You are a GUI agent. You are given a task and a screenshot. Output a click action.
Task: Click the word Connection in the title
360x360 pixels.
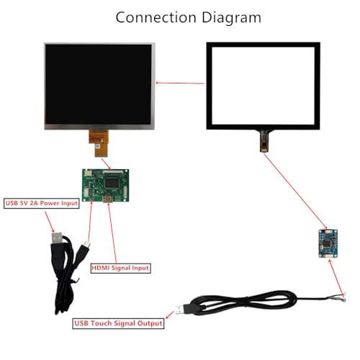point(156,17)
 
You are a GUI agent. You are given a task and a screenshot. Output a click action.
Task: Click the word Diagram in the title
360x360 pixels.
point(231,18)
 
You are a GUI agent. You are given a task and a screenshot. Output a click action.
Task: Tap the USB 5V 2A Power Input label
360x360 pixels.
point(42,203)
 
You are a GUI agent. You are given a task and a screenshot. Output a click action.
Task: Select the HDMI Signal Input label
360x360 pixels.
point(120,268)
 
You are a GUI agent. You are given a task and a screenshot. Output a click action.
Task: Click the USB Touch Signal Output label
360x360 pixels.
point(118,323)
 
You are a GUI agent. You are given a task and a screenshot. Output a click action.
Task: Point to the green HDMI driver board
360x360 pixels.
point(105,185)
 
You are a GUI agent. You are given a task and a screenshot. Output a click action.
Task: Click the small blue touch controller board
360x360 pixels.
point(328,243)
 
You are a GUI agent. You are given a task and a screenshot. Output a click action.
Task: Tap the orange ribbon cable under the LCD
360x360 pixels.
point(99,143)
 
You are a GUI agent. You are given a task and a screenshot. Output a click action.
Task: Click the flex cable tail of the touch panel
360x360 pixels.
point(264,141)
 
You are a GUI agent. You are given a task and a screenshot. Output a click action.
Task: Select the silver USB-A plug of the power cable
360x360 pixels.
point(57,238)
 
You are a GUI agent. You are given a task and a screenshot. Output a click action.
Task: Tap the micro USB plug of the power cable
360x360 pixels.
point(86,246)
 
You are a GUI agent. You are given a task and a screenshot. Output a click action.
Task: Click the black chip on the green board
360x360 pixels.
point(111,183)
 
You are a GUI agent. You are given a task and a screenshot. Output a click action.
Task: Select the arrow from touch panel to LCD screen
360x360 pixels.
point(180,83)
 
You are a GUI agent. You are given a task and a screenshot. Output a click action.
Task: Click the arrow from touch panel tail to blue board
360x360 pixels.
point(296,192)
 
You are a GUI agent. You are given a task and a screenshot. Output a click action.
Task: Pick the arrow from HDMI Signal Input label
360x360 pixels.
point(112,233)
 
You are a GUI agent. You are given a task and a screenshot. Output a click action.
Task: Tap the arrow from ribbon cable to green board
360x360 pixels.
point(106,163)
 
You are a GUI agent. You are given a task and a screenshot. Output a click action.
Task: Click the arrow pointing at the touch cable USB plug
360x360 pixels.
point(170,315)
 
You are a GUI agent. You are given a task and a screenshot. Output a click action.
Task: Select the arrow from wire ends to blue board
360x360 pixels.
point(336,277)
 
